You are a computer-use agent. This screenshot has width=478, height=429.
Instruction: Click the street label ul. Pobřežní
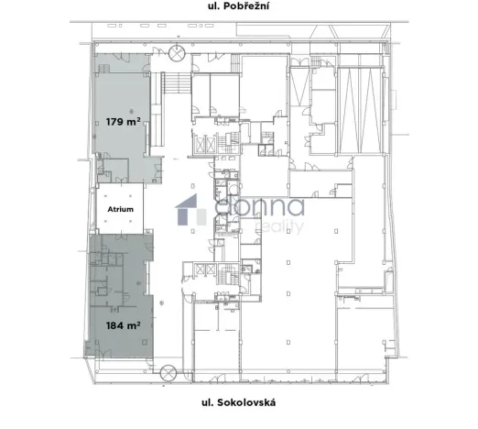pyautogui.click(x=238, y=12)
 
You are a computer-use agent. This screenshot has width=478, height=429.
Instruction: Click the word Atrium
pyautogui.click(x=121, y=209)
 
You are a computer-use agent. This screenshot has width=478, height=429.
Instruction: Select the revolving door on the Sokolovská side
pyautogui.click(x=168, y=372)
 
